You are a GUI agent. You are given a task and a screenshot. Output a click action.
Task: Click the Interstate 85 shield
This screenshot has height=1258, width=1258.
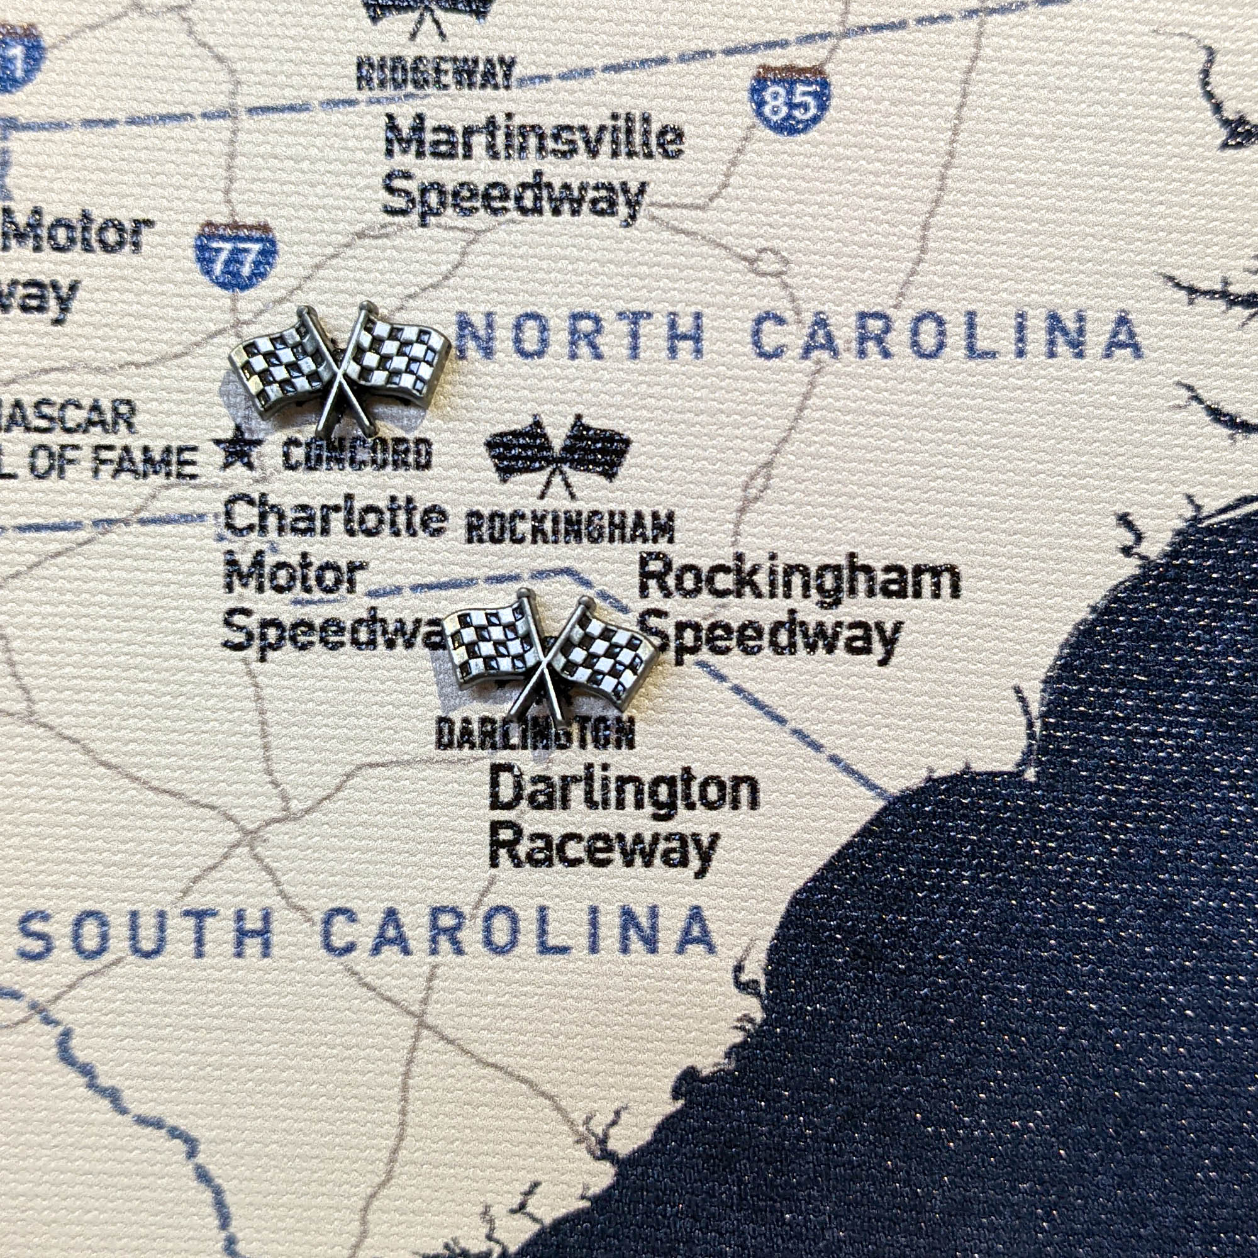tap(789, 100)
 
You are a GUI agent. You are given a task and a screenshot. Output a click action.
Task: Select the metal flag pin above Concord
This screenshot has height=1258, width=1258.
tap(340, 369)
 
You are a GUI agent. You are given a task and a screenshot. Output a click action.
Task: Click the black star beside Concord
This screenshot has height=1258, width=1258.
tap(238, 449)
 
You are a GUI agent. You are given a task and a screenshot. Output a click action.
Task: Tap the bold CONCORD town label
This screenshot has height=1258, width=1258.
tap(357, 454)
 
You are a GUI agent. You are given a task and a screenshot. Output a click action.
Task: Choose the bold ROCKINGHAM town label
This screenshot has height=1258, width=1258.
tap(571, 528)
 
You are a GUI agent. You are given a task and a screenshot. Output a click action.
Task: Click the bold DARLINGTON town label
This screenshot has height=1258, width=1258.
tap(535, 734)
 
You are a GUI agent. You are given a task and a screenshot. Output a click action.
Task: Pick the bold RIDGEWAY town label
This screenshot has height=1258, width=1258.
tap(436, 73)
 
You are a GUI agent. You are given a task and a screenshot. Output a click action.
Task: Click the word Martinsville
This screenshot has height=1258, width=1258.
tap(534, 137)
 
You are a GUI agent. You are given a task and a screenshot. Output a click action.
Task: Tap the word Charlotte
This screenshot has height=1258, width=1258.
tap(335, 516)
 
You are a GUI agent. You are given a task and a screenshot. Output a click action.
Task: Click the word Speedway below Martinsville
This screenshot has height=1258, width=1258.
tap(515, 195)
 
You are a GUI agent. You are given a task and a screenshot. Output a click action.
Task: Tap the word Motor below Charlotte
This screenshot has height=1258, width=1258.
tap(294, 575)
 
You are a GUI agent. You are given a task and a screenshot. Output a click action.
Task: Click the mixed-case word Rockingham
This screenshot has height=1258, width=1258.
tap(798, 577)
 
